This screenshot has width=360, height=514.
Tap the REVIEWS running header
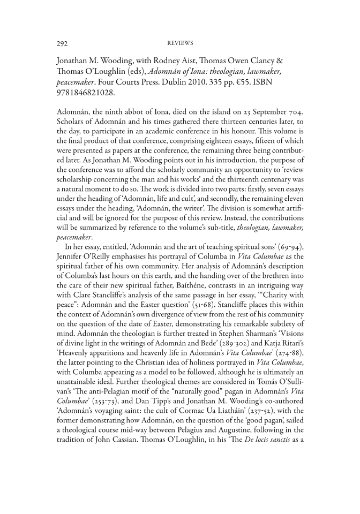click(179, 42)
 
